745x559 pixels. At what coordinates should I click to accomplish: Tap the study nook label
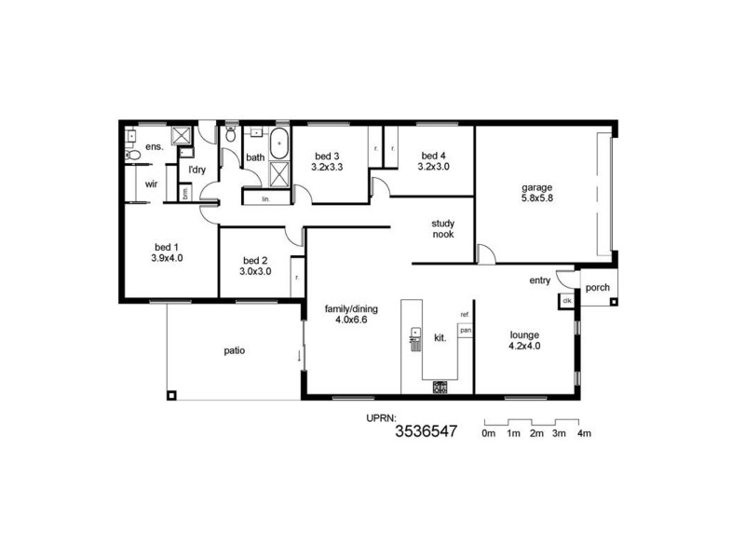click(x=442, y=228)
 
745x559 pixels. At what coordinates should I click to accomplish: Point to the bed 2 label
click(x=255, y=266)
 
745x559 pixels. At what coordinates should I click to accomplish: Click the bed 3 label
click(x=327, y=161)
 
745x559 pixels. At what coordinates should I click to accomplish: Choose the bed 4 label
click(x=434, y=161)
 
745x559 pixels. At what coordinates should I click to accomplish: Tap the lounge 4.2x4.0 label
click(x=524, y=339)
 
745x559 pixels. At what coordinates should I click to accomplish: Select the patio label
click(x=234, y=351)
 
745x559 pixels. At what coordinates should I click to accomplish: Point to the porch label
click(x=598, y=288)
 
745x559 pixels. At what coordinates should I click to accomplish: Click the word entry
click(x=539, y=279)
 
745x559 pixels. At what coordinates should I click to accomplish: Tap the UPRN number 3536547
click(x=427, y=431)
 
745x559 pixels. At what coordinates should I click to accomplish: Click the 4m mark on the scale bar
click(x=584, y=434)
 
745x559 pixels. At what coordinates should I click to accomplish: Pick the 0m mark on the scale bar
click(x=488, y=434)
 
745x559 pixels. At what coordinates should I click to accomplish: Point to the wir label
click(x=151, y=184)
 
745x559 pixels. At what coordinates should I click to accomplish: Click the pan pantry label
click(x=464, y=330)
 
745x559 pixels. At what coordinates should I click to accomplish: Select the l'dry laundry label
click(x=196, y=170)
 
